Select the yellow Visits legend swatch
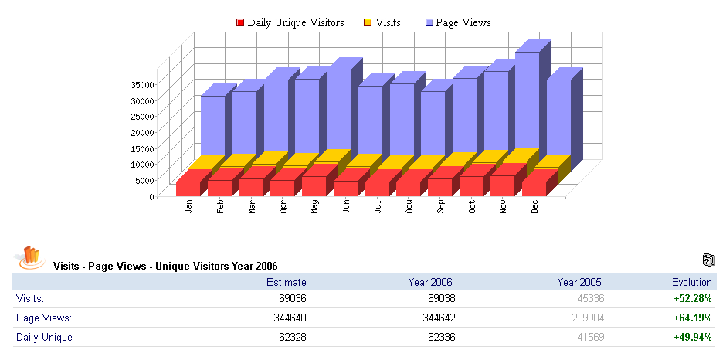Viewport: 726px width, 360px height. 368,23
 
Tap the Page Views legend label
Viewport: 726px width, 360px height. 463,23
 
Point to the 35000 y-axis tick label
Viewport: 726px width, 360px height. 144,84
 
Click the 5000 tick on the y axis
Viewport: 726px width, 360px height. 146,181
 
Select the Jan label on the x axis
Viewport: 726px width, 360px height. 188,207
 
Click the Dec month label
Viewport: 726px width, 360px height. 534,207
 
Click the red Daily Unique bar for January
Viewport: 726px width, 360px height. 188,188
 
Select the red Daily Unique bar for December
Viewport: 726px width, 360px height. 534,188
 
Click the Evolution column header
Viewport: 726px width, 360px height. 691,282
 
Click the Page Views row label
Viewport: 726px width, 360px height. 44,318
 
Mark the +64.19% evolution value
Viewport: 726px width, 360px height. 692,318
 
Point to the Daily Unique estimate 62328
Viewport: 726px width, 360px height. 290,337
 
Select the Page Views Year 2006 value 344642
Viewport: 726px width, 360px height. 437,318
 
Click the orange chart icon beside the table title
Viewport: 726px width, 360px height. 31,258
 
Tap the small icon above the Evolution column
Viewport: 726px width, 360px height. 709,260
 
